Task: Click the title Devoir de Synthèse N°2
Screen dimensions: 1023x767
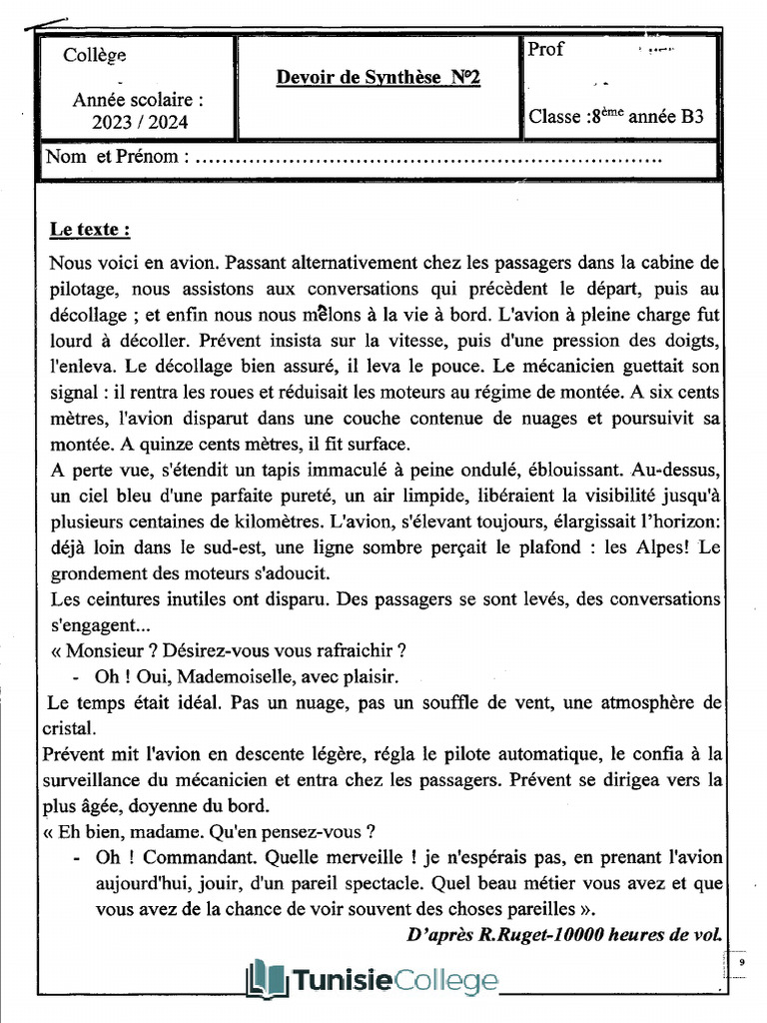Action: click(x=378, y=78)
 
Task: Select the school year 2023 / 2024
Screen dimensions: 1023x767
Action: click(x=138, y=123)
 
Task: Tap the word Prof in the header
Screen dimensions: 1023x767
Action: click(x=546, y=50)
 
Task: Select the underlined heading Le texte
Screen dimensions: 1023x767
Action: click(x=90, y=230)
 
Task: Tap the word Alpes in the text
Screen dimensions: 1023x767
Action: click(x=659, y=547)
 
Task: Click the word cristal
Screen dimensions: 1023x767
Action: click(x=71, y=727)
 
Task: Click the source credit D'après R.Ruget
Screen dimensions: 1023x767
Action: click(x=565, y=935)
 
